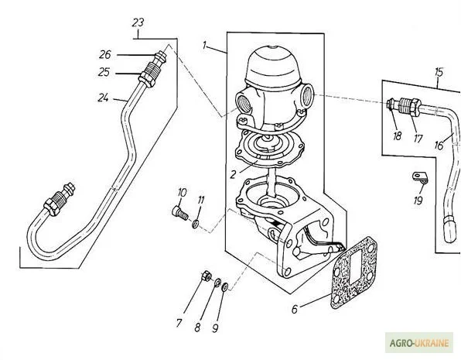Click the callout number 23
(x=138, y=22)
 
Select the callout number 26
(x=105, y=55)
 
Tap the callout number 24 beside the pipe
(x=103, y=98)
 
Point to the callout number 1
(x=205, y=46)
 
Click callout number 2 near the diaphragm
(x=233, y=174)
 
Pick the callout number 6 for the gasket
(x=295, y=309)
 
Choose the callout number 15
(x=439, y=72)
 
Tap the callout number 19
(x=418, y=201)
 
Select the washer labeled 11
(x=195, y=225)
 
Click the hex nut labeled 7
(x=205, y=276)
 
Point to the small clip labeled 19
(x=419, y=177)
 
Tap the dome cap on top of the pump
(x=273, y=67)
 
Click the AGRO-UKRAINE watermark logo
(x=419, y=343)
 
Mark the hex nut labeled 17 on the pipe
(x=415, y=108)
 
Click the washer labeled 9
(x=225, y=286)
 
